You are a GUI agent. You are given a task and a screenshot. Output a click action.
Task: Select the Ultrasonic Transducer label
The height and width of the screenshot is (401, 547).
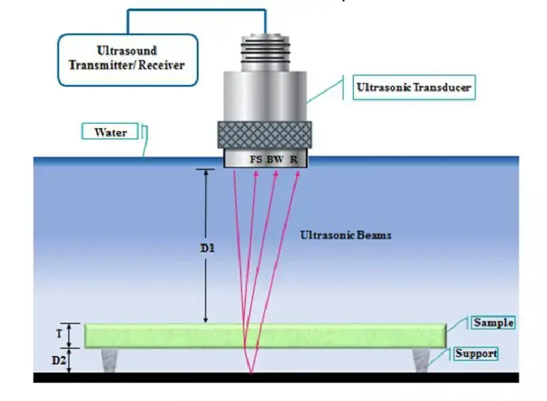coord(413,88)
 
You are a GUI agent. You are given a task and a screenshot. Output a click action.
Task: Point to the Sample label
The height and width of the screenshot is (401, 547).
coord(493,322)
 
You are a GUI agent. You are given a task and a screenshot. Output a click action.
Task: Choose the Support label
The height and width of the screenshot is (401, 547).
coord(476,354)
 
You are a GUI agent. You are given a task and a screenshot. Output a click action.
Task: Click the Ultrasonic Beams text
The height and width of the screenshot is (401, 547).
coord(345,235)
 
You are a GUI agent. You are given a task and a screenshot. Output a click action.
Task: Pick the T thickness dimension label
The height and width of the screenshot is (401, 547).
coord(58,335)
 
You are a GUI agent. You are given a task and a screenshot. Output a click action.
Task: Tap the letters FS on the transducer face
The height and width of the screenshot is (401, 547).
coord(256,159)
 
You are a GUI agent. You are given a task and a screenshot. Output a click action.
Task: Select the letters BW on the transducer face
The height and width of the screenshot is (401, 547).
coord(276,159)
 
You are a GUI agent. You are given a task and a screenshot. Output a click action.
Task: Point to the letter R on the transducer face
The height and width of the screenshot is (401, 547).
coord(293,159)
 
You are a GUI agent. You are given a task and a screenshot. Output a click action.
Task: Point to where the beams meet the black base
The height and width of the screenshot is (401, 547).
coord(252,373)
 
